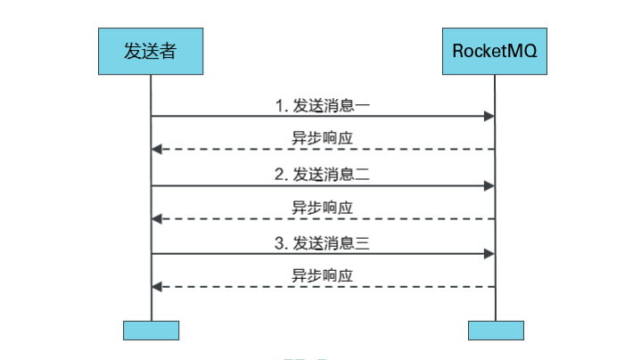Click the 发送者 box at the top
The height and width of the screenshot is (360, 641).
tap(151, 52)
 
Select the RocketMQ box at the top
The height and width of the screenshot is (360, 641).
tap(495, 52)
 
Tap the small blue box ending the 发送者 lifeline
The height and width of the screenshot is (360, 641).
tap(151, 330)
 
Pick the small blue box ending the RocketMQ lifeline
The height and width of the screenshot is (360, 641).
tap(496, 330)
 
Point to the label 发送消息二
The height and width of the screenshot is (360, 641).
tap(332, 175)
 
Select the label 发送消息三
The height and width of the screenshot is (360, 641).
tap(332, 243)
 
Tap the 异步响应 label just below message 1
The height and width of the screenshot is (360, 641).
tap(323, 139)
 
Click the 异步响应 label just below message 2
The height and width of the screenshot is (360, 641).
tap(323, 208)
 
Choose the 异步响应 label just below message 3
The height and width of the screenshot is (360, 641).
tap(323, 276)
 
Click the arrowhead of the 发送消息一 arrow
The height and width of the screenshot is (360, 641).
tap(489, 116)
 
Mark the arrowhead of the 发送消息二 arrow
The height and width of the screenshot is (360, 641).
tap(489, 185)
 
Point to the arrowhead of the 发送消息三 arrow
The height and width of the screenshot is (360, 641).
tap(489, 254)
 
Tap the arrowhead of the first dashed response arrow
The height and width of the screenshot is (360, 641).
tap(157, 149)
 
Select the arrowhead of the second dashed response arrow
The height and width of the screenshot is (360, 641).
tap(157, 218)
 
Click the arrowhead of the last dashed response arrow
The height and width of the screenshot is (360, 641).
tap(157, 287)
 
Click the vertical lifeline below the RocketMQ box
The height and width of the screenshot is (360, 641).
tap(496, 303)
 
